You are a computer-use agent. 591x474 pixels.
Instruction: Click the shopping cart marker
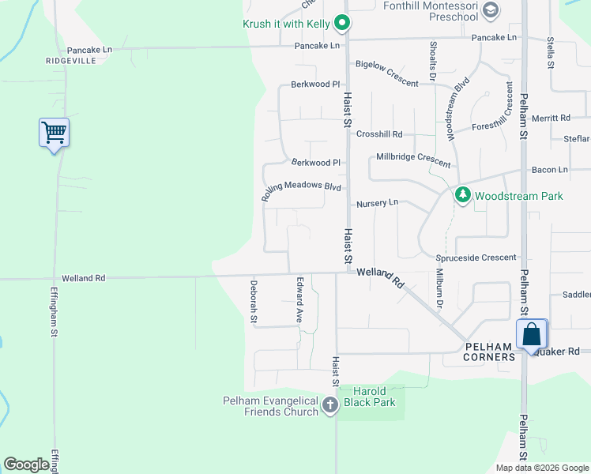[x=54, y=133]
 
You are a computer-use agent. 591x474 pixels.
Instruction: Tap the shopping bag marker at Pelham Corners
[x=532, y=333]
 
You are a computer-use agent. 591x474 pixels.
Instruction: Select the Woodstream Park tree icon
[x=462, y=195]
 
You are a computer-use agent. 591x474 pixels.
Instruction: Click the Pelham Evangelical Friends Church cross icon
[x=329, y=406]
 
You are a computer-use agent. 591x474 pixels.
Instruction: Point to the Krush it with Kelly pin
[x=341, y=24]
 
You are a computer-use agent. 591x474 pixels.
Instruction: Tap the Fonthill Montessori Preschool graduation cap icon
[x=491, y=9]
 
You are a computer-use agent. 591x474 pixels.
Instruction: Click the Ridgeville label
[x=71, y=60]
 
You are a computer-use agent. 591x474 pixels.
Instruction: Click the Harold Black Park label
[x=374, y=397]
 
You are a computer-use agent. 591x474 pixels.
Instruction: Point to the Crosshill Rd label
[x=379, y=134]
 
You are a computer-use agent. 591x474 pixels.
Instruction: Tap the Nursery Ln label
[x=377, y=203]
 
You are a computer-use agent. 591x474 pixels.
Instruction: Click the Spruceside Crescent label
[x=476, y=258]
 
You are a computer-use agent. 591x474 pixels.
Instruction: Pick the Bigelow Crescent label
[x=387, y=73]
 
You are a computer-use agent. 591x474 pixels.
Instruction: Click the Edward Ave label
[x=300, y=299]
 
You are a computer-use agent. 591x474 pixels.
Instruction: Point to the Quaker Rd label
[x=563, y=351]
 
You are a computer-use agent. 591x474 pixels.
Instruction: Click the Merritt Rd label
[x=551, y=118]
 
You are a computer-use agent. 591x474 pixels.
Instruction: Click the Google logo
[x=26, y=465]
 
